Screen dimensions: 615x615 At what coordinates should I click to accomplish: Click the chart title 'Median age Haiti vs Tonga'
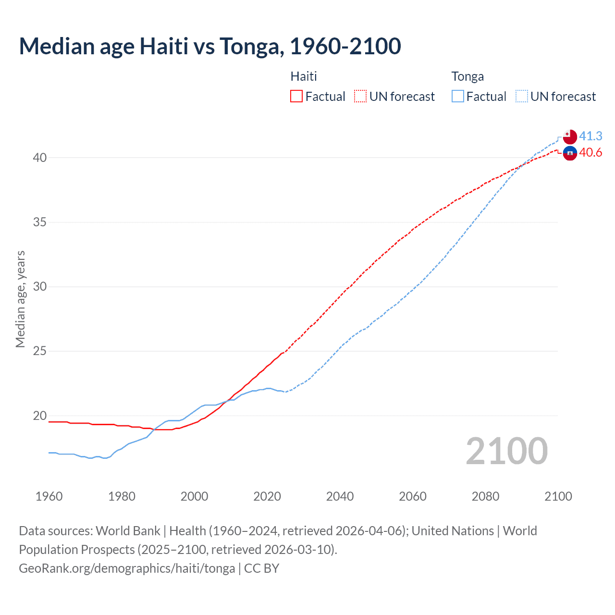coord(210,46)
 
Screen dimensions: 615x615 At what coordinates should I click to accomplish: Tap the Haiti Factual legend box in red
coord(296,97)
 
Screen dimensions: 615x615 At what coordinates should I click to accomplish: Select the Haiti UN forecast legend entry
coord(394,97)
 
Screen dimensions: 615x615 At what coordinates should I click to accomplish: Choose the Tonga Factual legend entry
coord(479,97)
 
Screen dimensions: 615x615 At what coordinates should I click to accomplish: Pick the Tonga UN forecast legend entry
coord(556,97)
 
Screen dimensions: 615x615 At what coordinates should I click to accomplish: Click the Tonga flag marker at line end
coord(570,136)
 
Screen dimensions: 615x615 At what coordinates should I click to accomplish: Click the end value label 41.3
coord(590,136)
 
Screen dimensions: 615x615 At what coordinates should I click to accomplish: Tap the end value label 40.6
coord(590,153)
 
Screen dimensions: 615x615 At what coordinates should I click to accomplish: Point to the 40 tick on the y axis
coord(40,158)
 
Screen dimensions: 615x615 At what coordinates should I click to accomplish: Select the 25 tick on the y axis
coord(40,351)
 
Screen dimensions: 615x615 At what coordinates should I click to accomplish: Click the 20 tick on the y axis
coord(40,416)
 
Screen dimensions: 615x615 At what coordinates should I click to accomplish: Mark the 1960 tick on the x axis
coord(49,496)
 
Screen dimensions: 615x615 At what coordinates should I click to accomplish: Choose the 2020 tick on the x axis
coord(267,496)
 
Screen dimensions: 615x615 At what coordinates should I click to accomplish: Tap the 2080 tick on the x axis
coord(485,496)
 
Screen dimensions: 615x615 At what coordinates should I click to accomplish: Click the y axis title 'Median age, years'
coord(20,299)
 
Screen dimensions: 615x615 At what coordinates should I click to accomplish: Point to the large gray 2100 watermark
coord(506,451)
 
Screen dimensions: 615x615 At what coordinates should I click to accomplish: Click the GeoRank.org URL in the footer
coord(127,568)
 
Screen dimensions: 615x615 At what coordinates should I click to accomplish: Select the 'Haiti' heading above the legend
coord(304,76)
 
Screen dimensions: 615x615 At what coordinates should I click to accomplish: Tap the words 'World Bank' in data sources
coord(128,531)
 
